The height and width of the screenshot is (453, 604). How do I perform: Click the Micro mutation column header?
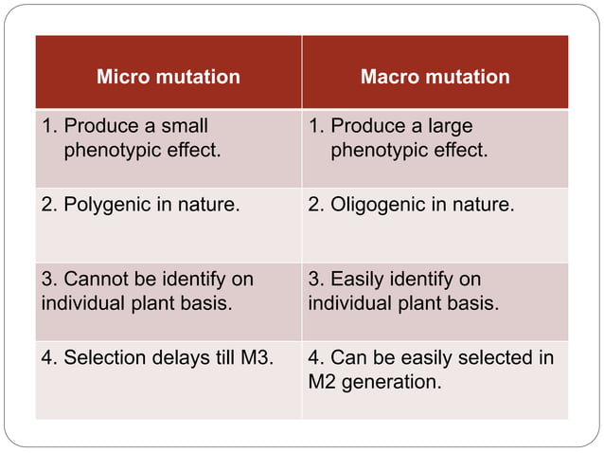169,77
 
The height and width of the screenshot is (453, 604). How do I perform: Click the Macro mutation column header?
435,77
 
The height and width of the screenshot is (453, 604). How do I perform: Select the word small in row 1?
184,126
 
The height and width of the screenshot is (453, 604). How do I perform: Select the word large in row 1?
448,126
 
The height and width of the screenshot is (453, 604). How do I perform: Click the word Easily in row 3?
356,281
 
